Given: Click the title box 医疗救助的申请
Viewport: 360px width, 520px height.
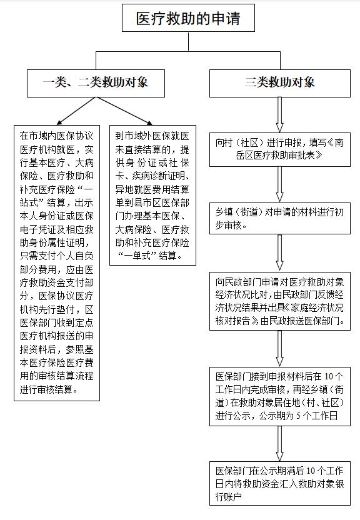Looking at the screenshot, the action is click(188, 18).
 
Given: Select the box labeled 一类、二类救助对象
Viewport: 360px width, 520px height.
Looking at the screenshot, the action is click(96, 83).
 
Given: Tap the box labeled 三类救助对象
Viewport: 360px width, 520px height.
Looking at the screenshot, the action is click(280, 83).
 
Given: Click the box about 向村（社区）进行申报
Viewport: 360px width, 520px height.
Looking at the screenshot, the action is click(280, 149).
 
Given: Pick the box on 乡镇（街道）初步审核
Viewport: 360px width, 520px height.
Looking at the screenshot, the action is click(280, 218).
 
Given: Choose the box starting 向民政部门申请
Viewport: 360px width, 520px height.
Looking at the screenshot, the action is click(280, 301).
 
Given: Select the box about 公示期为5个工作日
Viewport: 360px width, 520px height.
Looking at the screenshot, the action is click(280, 396).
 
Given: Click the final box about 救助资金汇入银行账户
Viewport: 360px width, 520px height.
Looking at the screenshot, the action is click(280, 483).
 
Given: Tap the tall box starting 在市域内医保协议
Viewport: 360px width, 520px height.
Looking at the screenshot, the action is click(57, 263).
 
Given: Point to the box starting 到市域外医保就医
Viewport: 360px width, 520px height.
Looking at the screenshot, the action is click(153, 196).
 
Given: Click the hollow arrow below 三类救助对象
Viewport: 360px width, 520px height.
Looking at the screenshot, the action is click(280, 115).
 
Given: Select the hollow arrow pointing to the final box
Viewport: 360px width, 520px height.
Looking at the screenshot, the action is click(280, 444).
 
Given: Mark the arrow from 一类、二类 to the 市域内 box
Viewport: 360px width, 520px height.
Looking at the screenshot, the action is click(76, 111).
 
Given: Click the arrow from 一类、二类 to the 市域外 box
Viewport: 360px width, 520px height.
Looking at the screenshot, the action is click(124, 111).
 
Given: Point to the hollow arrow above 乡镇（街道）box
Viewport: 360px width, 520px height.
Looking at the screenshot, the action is click(280, 184).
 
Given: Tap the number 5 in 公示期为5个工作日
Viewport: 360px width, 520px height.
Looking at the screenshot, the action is click(299, 416).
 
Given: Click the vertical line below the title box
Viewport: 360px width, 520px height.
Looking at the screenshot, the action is click(188, 41).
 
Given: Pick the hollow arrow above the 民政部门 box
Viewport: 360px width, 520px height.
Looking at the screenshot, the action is click(280, 253).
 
